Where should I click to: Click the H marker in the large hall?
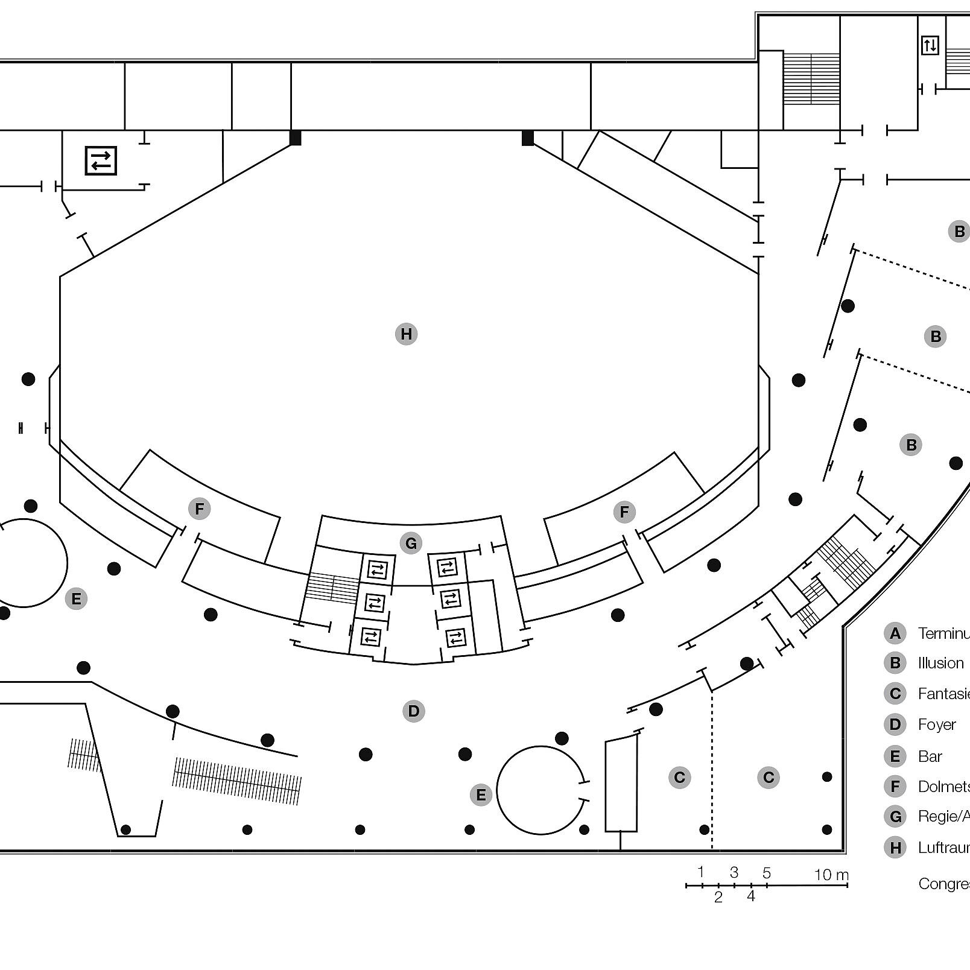[x=406, y=334]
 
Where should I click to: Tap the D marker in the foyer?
[x=413, y=711]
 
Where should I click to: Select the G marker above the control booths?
[x=411, y=543]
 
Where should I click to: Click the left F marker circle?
[x=199, y=509]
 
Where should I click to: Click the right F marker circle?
[x=624, y=512]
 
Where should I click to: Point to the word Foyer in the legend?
[x=936, y=724]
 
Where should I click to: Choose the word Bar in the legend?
[x=930, y=756]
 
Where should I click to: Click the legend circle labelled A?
[x=895, y=633]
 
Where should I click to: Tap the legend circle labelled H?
[x=895, y=848]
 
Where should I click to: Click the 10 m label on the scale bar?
[x=831, y=875]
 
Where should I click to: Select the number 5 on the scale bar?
[x=766, y=873]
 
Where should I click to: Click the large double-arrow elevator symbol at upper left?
[x=101, y=160]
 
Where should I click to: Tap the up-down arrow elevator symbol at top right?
[x=930, y=45]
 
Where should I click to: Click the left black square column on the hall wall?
[x=295, y=138]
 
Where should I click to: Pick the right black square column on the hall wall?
[x=527, y=138]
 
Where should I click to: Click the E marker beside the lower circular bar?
[x=481, y=794]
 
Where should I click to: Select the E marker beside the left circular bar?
[x=76, y=598]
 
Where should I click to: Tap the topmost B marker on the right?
[x=959, y=231]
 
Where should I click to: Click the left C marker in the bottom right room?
[x=679, y=777]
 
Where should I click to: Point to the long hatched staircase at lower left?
[x=236, y=781]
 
